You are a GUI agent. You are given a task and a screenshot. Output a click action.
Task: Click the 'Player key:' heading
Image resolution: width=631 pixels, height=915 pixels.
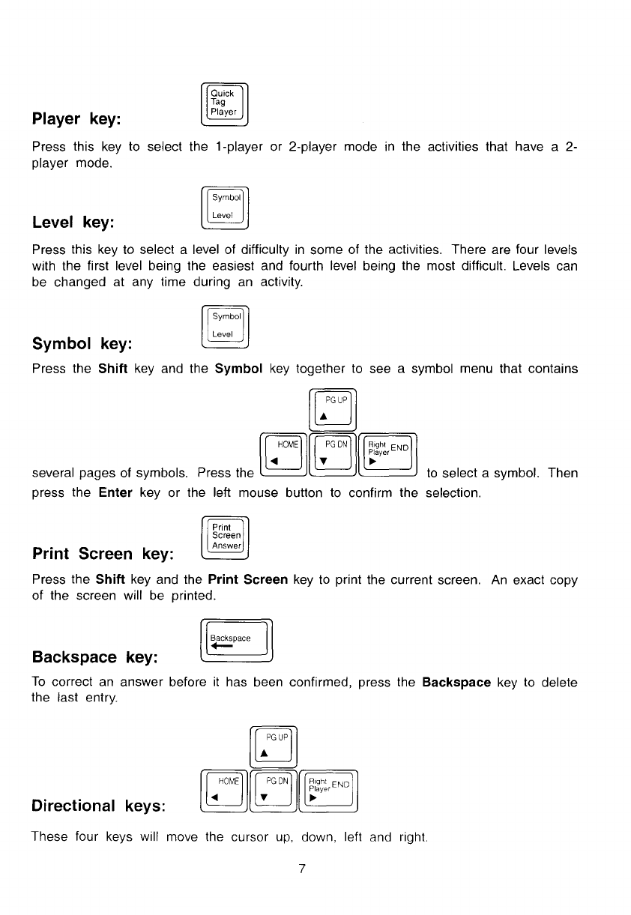pos(78,120)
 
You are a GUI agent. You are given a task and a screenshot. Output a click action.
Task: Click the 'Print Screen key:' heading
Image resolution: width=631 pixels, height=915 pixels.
pos(103,555)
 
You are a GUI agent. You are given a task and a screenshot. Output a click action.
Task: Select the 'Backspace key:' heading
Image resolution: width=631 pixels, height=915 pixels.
pos(94,657)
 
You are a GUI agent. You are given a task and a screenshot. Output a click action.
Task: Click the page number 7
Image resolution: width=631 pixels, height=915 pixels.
pos(301,869)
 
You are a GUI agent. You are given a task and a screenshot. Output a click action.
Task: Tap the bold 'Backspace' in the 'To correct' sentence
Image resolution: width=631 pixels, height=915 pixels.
pos(456,683)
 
